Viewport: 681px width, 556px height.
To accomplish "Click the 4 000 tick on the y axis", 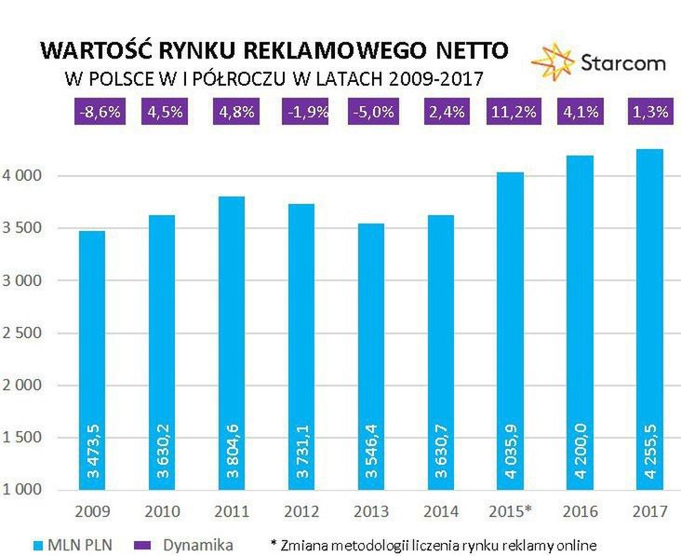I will click(x=29, y=176).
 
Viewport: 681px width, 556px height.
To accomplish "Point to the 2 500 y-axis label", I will click(x=29, y=332).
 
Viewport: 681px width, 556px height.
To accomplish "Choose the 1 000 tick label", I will click(x=29, y=490).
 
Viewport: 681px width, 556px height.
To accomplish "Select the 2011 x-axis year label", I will click(x=231, y=510).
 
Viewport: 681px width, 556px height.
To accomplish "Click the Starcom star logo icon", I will click(x=551, y=61).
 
